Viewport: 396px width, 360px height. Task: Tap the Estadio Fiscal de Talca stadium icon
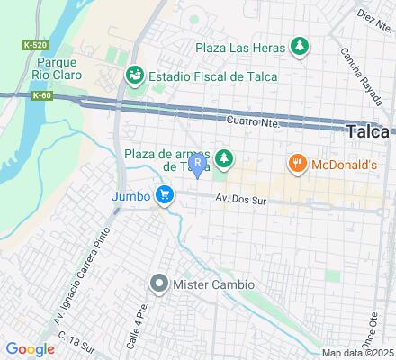tap(135, 74)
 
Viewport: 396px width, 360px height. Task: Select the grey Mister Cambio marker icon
tap(159, 284)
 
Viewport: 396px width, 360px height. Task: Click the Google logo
tap(30, 349)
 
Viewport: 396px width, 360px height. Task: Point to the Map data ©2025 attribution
tap(358, 353)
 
